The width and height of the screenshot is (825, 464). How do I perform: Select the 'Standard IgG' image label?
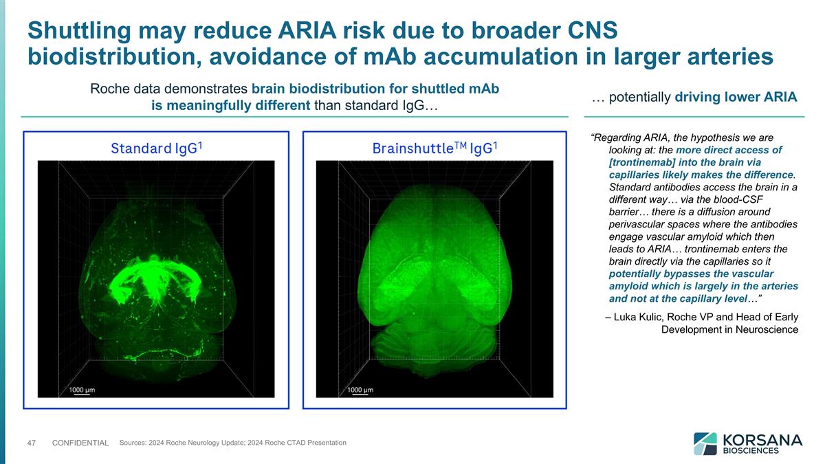pos(159,148)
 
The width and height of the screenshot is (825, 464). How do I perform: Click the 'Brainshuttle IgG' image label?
pos(434,148)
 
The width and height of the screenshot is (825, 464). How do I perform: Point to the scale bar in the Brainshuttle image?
pos(360,395)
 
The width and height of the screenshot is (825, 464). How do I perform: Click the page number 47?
pos(32,443)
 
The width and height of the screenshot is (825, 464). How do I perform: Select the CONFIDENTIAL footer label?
pos(80,443)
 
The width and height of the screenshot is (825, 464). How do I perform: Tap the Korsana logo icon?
pos(705,443)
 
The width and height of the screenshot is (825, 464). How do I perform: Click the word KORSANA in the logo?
pos(760,439)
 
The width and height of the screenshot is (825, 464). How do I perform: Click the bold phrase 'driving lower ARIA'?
pos(736,97)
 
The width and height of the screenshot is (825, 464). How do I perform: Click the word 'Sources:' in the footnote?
pos(133,442)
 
